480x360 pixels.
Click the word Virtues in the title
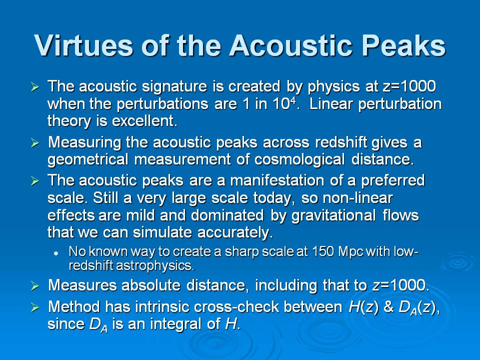83,45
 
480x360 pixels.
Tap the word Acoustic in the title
291,45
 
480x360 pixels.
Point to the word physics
333,87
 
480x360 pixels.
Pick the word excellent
145,121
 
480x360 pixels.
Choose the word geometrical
88,160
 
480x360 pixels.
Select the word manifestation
277,180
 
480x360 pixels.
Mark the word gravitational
333,215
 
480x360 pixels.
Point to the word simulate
162,232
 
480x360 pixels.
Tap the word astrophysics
155,265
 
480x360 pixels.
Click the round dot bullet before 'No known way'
56,253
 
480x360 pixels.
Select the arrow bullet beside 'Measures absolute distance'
35,286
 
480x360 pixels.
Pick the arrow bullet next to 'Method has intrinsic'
35,307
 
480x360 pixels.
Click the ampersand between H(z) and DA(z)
388,307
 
